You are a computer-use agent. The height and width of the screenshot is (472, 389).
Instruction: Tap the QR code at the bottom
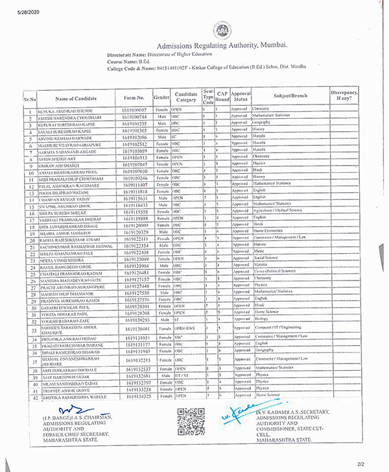click(191, 421)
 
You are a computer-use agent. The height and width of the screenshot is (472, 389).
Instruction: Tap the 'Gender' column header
click(161, 97)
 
